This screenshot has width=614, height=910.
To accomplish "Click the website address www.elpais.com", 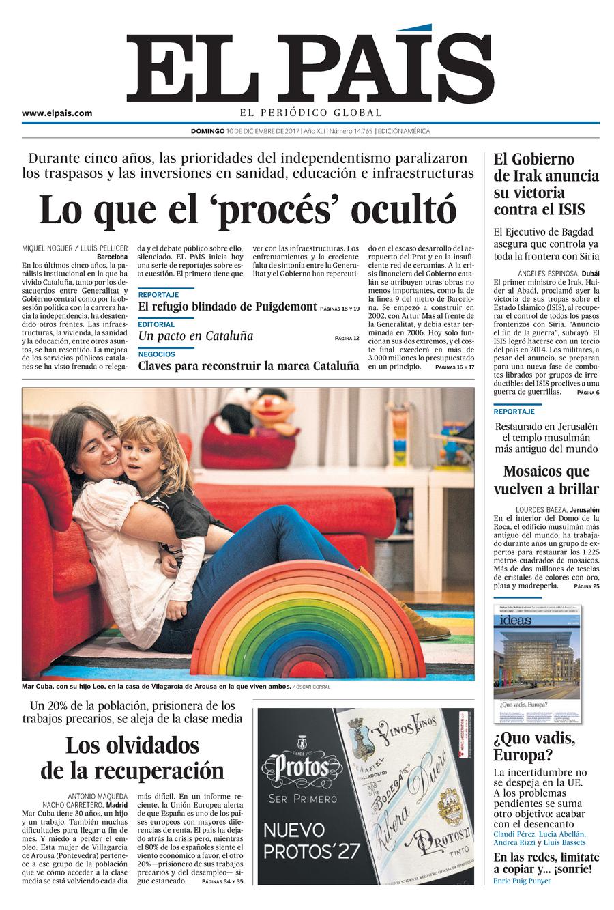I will coord(57,113).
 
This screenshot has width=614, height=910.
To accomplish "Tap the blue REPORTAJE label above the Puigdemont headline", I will coord(158,294).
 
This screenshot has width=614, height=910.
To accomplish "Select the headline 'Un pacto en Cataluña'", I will coord(195,336).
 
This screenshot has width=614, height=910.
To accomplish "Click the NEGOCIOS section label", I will coord(156,354).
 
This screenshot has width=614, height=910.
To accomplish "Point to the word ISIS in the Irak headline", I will coord(570,210).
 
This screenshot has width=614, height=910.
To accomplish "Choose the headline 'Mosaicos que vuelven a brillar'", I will coord(546,480).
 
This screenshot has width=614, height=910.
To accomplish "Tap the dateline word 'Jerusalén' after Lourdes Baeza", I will coord(581,509).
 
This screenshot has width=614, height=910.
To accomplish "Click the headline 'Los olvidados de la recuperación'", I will coord(132,757).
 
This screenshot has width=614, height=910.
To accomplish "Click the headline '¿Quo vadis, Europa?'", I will coord(534,747).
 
